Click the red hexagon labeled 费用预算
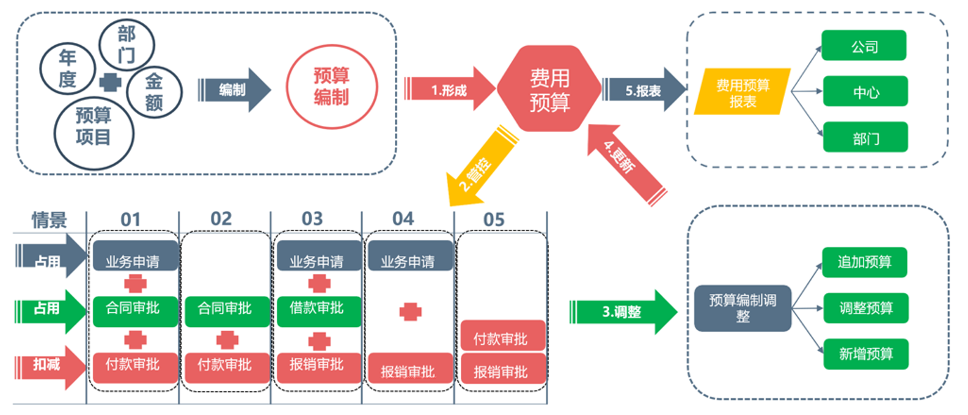tap(549, 89)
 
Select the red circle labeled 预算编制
tap(332, 87)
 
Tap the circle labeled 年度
tap(67, 68)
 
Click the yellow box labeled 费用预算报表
tap(743, 92)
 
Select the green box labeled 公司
tap(864, 46)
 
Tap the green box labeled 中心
tap(865, 92)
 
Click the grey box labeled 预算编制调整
tap(743, 308)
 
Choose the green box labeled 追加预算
tap(864, 262)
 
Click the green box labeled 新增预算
tap(865, 354)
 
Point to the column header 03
tap(312, 219)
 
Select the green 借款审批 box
tap(317, 309)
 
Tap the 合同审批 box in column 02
tap(225, 309)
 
